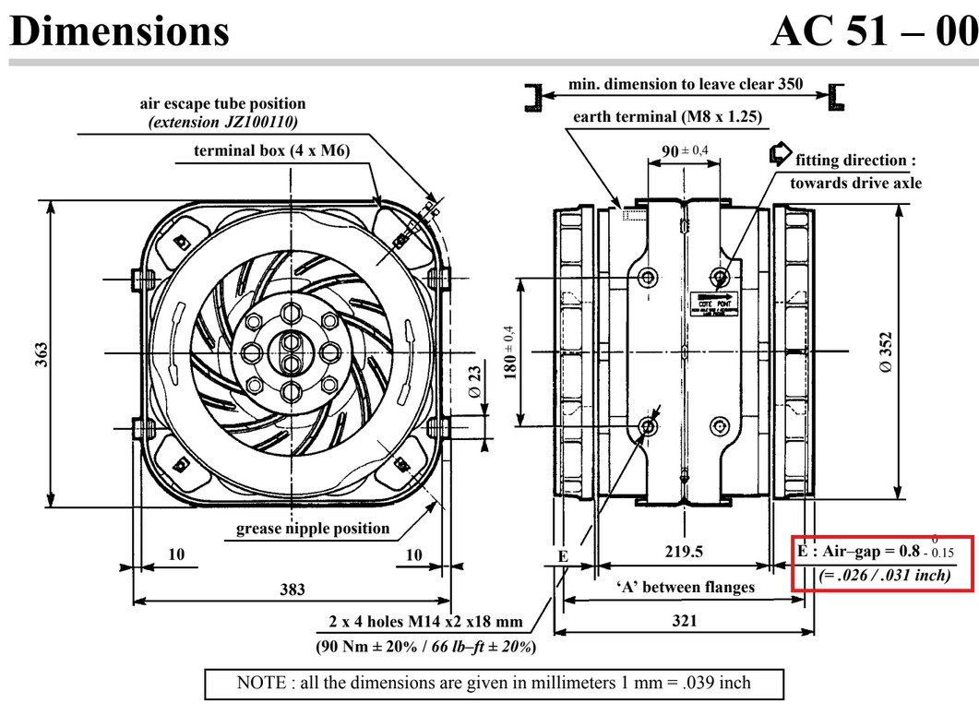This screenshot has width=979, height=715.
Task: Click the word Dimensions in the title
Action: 119,30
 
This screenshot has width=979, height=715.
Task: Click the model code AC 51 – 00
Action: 873,30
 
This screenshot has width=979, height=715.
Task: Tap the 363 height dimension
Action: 42,353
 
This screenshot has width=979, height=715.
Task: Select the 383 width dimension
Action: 293,590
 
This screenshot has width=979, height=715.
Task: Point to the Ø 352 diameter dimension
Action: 886,352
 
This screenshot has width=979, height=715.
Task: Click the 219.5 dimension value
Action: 684,552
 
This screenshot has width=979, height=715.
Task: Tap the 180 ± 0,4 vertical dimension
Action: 508,352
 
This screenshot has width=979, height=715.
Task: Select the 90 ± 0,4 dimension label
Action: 685,151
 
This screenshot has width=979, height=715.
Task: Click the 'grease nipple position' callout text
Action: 313,529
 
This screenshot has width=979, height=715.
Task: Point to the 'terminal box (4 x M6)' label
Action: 271,150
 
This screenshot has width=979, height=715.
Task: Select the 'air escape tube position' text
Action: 222,104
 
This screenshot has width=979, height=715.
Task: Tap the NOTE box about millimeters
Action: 494,683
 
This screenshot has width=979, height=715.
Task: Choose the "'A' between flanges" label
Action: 685,586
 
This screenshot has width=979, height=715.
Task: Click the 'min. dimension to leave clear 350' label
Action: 685,84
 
